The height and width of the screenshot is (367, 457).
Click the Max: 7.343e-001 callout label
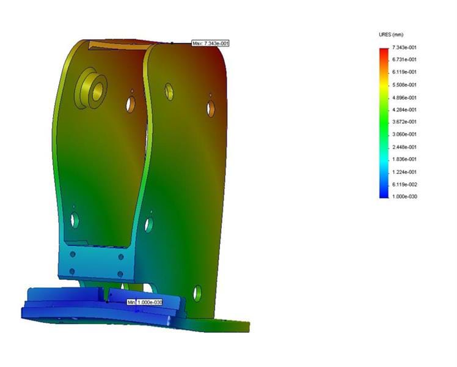[210, 43]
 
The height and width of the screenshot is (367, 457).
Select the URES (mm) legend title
[391, 35]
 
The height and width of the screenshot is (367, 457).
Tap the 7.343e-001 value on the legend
[404, 47]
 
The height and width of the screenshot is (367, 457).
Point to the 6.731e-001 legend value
[404, 60]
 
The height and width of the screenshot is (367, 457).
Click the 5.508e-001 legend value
[404, 85]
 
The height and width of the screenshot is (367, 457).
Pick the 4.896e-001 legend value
[404, 97]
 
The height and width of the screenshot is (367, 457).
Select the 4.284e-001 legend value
[404, 109]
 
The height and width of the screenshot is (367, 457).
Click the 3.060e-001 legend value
[404, 135]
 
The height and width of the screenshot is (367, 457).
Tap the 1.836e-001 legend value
[404, 160]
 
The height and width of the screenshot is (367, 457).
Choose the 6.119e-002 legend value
[404, 184]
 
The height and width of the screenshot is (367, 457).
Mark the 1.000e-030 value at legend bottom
[404, 197]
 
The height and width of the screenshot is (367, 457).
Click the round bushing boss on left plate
[91, 90]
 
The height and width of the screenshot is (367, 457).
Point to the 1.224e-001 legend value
[404, 172]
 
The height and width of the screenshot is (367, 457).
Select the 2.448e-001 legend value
[404, 147]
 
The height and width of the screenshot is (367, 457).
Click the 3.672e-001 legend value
[404, 122]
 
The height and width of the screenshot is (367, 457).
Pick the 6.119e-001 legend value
[404, 72]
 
